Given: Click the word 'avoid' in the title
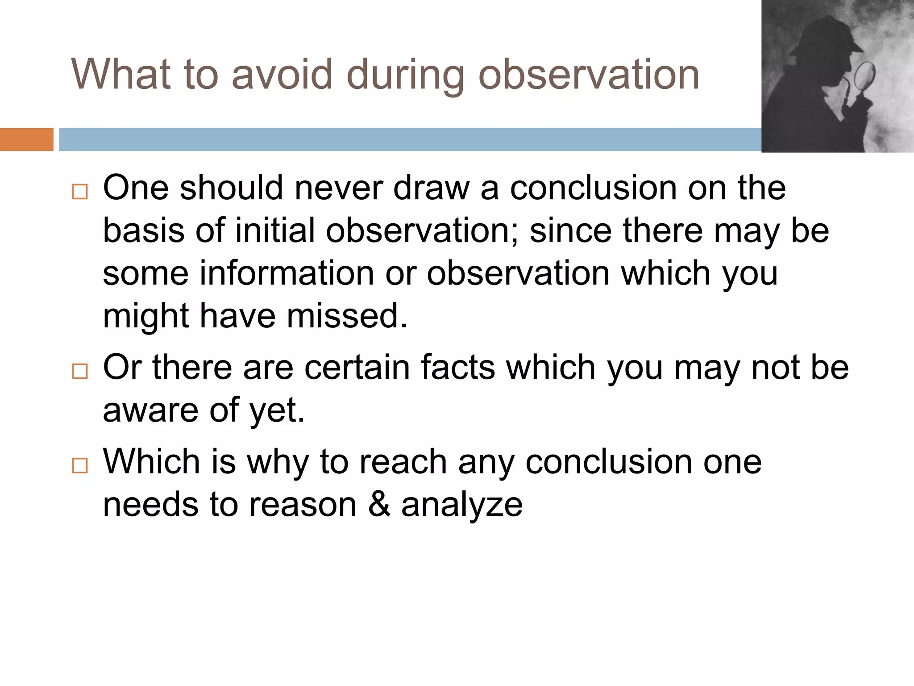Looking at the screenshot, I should [282, 75].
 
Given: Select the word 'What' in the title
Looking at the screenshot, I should [121, 75].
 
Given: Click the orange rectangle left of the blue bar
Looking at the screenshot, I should [26, 139].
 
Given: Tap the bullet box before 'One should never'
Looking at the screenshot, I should [80, 192].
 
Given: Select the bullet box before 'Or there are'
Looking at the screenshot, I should [80, 371].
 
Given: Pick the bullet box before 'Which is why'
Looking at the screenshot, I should [80, 466].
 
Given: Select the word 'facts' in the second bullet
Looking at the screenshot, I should [457, 367].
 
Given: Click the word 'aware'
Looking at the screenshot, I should [150, 410].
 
